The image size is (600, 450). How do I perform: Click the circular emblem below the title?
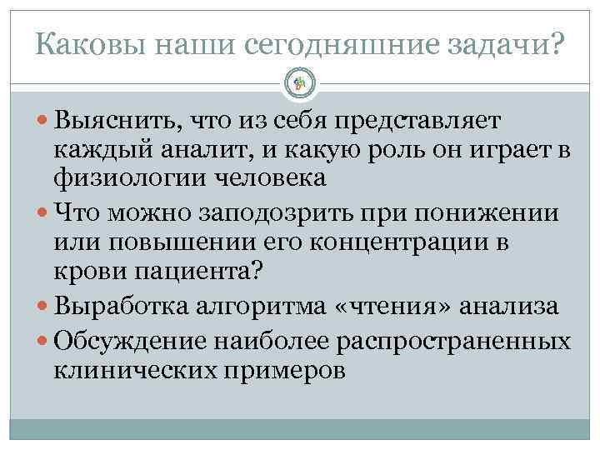click(x=300, y=82)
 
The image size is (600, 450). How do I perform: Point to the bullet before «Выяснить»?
click(x=44, y=121)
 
